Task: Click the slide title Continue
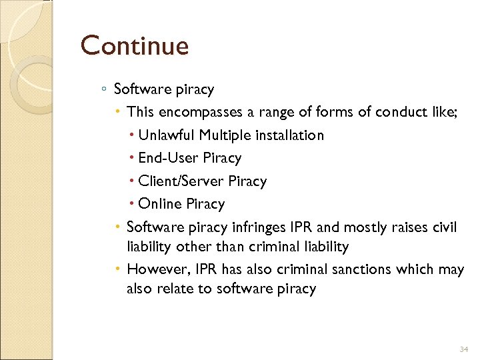[135, 46]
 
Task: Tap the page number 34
[465, 349]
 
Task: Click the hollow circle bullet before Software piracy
[105, 89]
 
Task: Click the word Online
[160, 204]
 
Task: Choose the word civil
[443, 227]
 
